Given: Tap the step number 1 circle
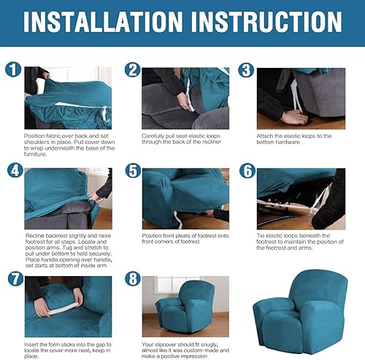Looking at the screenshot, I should coord(12,71).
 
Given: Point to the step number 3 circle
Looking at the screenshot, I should coord(247,71).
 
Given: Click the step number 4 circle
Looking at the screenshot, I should coord(12,171).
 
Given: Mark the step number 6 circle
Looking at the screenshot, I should coord(247,171).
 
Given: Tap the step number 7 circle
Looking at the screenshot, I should coord(12,279).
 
